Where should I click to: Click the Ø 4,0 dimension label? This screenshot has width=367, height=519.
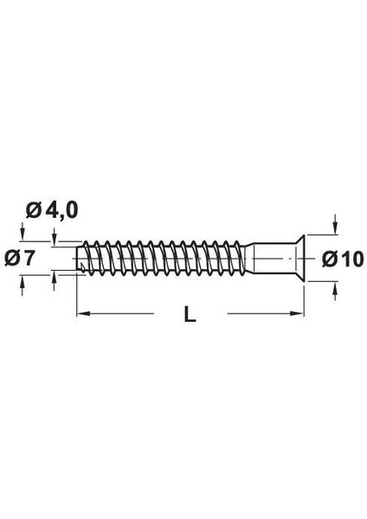pyautogui.click(x=53, y=209)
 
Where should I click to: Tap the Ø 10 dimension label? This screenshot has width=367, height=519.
pyautogui.click(x=338, y=258)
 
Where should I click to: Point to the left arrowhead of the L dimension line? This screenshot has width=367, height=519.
pyautogui.click(x=83, y=312)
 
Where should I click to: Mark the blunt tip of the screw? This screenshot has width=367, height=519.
pyautogui.click(x=80, y=257)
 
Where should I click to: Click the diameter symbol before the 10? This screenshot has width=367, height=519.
pyautogui.click(x=326, y=258)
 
